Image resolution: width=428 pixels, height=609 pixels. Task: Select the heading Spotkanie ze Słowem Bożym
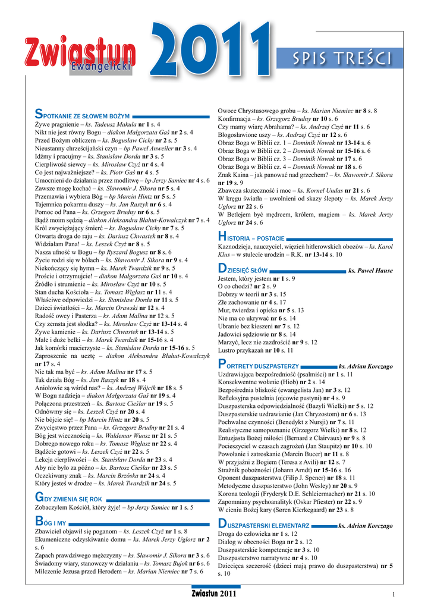click(x=83, y=114)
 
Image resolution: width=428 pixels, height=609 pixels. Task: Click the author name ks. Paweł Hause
click(x=370, y=271)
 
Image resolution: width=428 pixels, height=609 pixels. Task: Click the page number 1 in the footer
click(x=394, y=594)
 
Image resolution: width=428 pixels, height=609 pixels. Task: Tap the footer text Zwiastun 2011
click(x=214, y=594)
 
